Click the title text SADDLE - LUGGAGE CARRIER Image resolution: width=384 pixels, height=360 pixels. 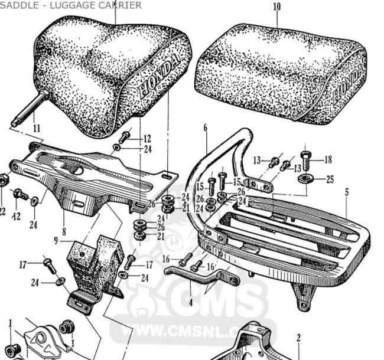(x=71, y=5)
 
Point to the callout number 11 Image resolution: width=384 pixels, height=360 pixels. (x=36, y=127)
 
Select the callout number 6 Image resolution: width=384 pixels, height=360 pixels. (x=206, y=127)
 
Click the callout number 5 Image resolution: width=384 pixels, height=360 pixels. (x=347, y=192)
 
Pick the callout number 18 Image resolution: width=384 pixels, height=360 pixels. (x=328, y=159)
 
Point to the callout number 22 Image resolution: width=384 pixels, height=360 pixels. (x=2, y=211)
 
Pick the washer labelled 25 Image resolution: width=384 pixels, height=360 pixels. (x=307, y=178)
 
